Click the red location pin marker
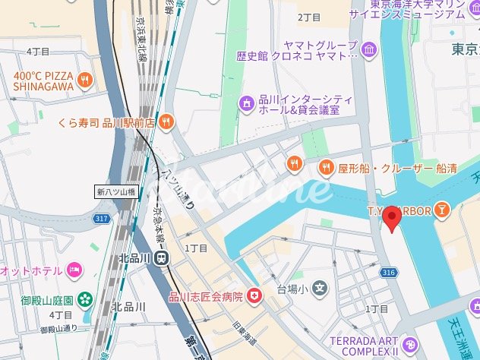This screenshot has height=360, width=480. tap(392, 218)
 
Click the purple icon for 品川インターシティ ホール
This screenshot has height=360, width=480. tap(246, 103)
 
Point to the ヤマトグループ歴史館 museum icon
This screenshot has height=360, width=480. tap(369, 51)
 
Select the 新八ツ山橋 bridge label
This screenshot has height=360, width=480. tap(115, 191)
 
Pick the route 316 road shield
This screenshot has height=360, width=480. tap(388, 272)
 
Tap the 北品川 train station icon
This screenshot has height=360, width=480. tap(161, 258)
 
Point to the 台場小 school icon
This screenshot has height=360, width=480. tap(321, 289)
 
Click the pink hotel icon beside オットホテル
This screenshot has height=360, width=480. tap(74, 270)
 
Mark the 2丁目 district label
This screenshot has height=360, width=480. tap(310, 17)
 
